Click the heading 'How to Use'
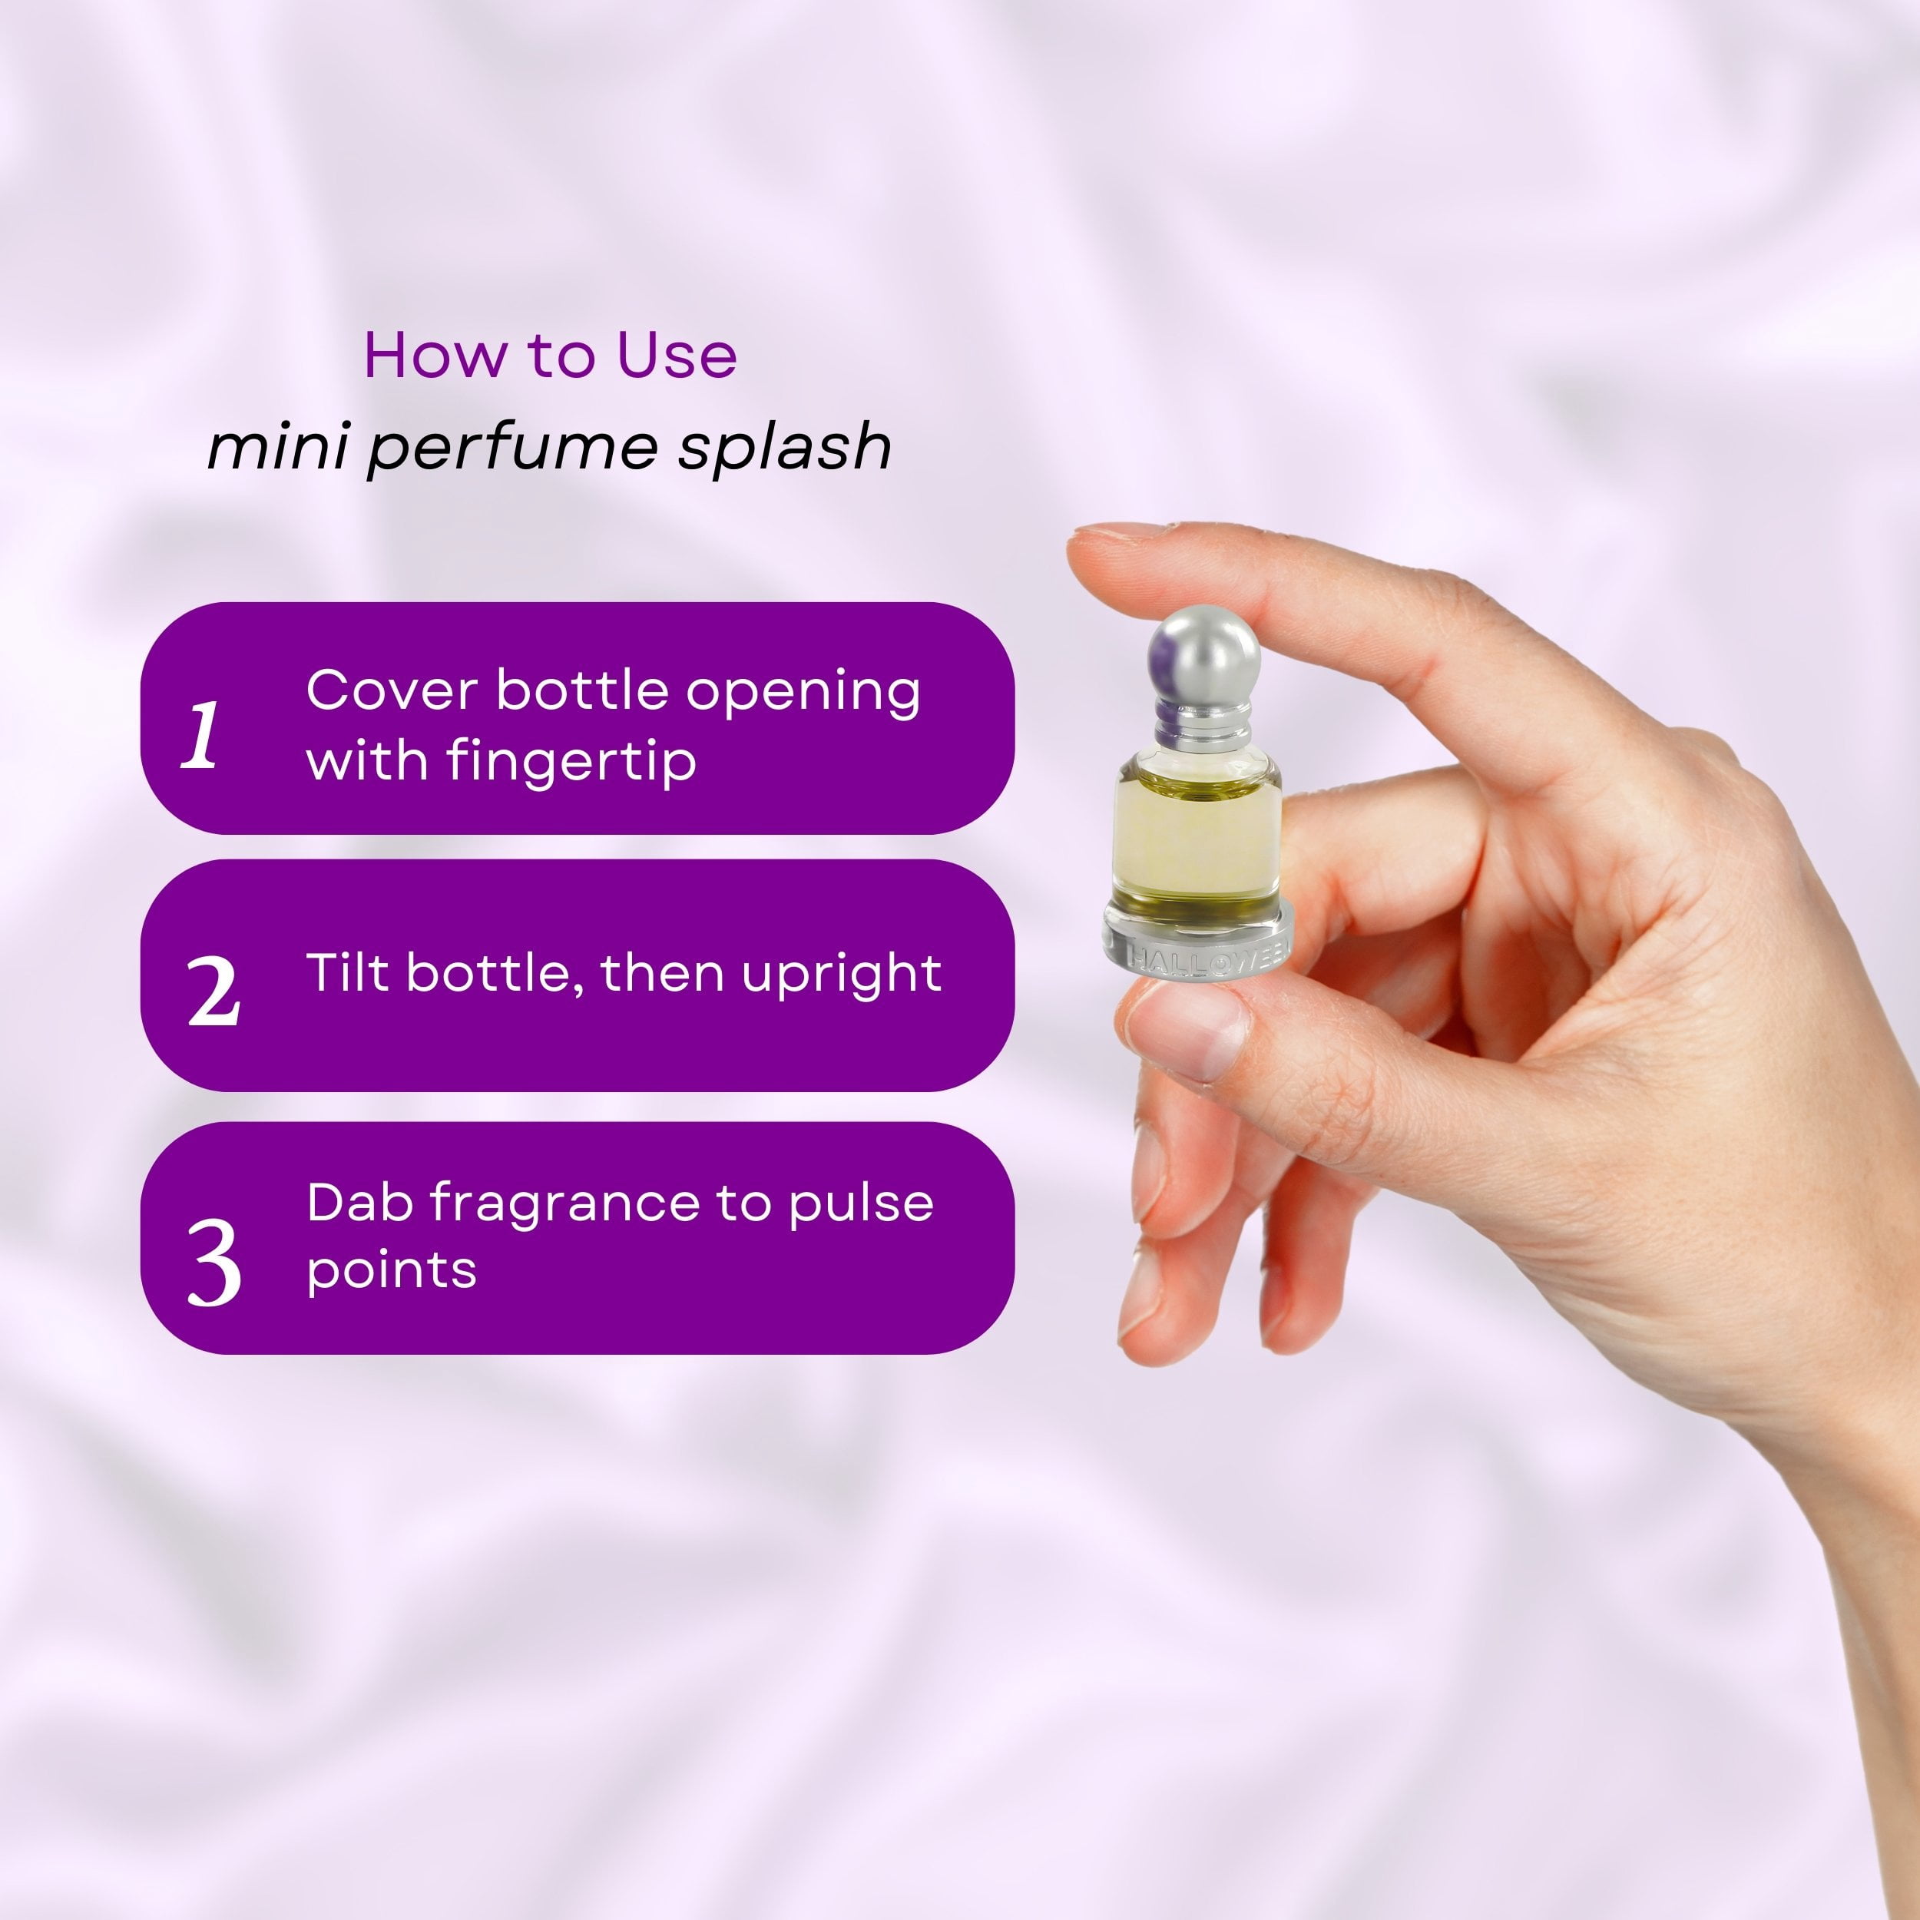[550, 355]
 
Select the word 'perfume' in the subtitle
[513, 447]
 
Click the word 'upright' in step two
[842, 974]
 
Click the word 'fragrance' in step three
[564, 1204]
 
